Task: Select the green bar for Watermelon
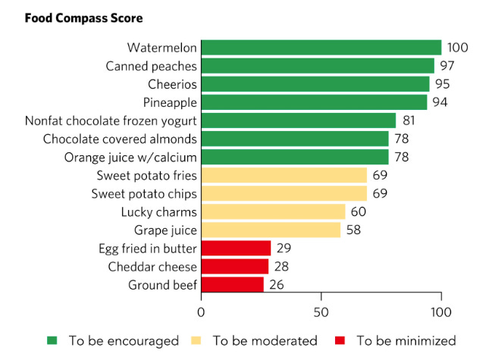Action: point(321,48)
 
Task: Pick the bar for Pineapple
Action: point(314,102)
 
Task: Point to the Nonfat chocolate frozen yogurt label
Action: point(111,121)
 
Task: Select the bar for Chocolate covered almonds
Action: point(295,139)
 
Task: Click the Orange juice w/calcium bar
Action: point(295,157)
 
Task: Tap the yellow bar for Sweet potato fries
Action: point(284,175)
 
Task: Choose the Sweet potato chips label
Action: point(144,193)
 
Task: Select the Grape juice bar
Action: point(271,230)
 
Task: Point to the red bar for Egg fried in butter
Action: point(236,248)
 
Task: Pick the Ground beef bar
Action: point(233,284)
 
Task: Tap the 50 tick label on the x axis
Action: point(321,311)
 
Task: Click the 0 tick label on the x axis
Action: point(201,311)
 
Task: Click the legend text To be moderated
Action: point(265,340)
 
